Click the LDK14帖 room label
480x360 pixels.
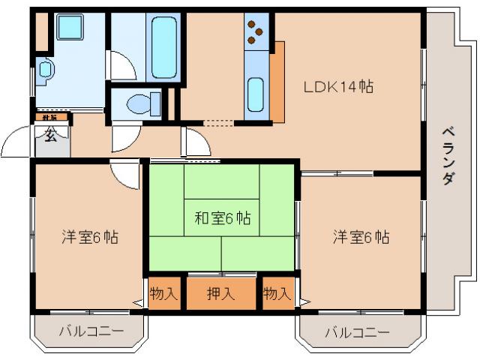click(338, 86)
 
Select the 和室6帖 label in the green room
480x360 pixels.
click(223, 219)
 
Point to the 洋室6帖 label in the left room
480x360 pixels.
click(89, 237)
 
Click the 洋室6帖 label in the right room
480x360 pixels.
click(361, 237)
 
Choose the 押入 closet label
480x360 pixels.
click(221, 294)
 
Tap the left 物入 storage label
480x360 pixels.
click(164, 294)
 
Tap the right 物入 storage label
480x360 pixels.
click(277, 294)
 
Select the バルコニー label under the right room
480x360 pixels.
click(357, 332)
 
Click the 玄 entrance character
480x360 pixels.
click(49, 136)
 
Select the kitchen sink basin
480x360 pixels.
click(256, 93)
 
